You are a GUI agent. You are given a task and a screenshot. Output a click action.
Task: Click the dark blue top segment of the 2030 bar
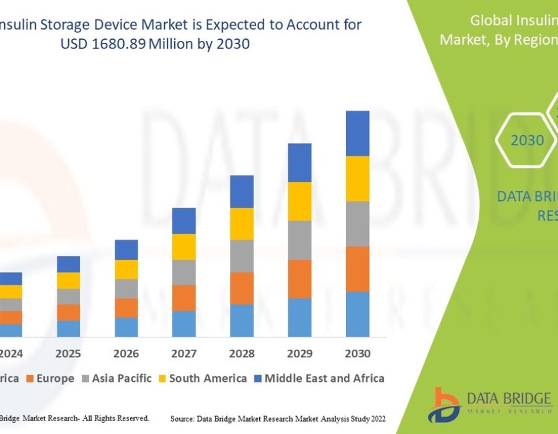357,133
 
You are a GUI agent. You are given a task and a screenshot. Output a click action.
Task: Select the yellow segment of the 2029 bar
299,201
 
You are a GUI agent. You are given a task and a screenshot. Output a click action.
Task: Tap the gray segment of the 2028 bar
242,255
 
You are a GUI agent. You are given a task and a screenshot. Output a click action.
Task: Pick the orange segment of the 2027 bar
184,298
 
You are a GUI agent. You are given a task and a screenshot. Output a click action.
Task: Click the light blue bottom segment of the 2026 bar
126,327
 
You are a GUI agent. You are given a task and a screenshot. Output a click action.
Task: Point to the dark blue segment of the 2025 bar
69,264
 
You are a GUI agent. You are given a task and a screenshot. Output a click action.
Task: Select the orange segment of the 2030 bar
357,268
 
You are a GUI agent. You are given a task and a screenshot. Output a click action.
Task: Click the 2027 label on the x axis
184,354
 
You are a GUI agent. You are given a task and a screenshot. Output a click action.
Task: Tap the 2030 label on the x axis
357,354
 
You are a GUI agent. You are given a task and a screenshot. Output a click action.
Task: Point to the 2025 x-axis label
69,354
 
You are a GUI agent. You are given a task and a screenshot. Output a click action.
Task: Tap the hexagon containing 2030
526,140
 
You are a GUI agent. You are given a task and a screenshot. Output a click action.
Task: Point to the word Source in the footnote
184,419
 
